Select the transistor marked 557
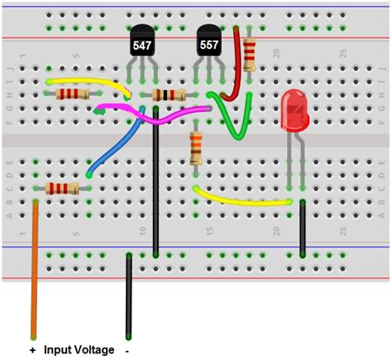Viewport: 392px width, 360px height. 209,42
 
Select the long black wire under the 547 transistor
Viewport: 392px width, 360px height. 156,190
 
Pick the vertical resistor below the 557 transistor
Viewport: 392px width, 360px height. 196,150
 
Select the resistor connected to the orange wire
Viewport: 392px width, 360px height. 62,189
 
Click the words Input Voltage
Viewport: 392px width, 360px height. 79,350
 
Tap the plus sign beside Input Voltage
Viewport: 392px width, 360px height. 33,350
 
